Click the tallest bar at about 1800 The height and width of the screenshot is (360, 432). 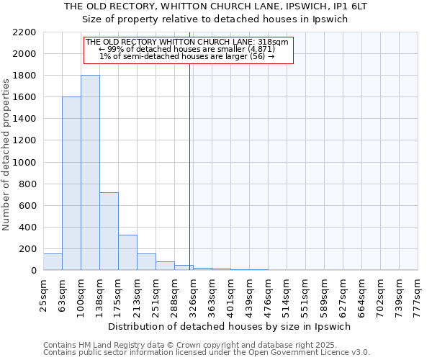90,173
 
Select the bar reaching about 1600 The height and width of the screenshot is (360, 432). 71,184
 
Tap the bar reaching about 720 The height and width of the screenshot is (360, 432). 109,231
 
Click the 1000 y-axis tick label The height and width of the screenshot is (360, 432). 24,163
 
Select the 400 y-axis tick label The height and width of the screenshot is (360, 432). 27,228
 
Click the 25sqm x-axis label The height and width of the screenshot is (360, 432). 43,294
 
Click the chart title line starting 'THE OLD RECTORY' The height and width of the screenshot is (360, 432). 216,6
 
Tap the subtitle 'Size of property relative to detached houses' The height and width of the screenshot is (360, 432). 216,19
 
